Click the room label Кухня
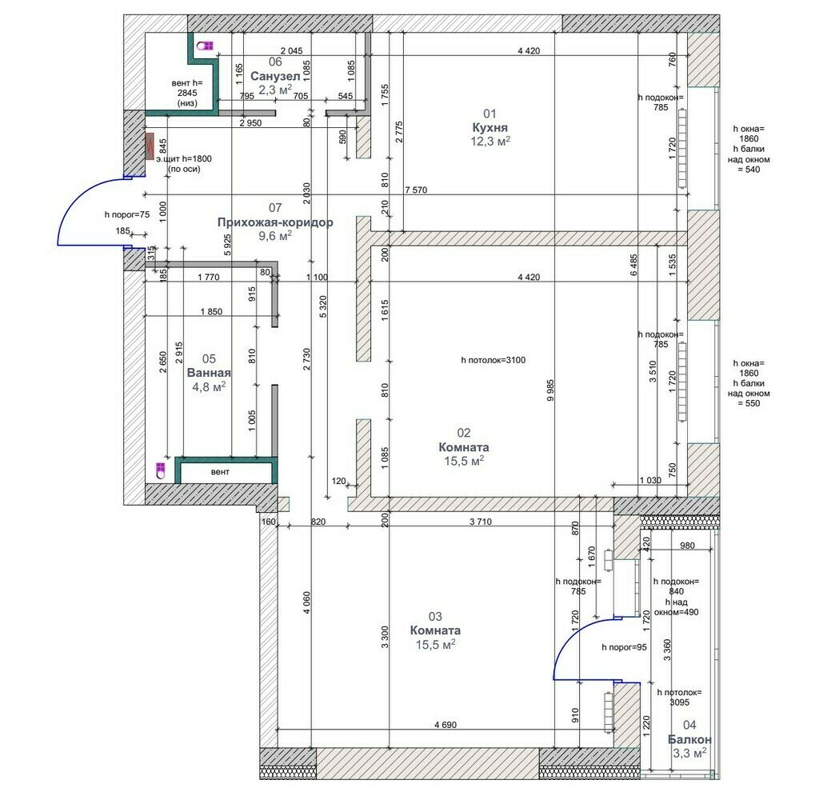click(489, 127)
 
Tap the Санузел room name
click(275, 77)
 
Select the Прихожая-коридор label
click(275, 222)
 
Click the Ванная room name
click(209, 373)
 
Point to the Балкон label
click(689, 739)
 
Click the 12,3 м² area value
click(489, 141)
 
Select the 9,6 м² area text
click(275, 235)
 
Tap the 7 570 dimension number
click(417, 190)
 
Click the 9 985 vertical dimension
click(550, 390)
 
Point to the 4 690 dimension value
click(445, 725)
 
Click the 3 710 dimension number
click(480, 522)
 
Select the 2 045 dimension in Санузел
click(291, 51)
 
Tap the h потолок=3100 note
click(493, 360)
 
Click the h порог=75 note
click(127, 214)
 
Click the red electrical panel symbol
click(150, 148)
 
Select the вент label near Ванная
click(220, 472)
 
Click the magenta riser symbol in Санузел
click(205, 46)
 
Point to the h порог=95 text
click(624, 647)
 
